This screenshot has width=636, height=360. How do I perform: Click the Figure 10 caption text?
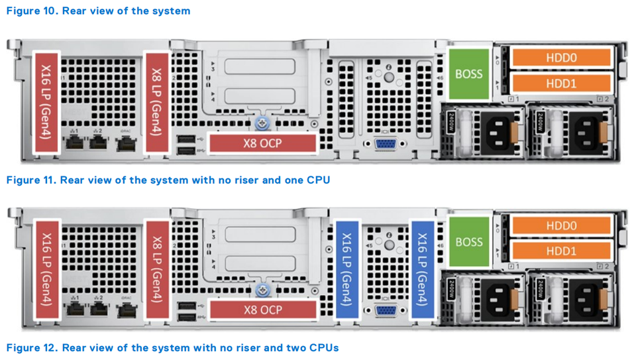[x=98, y=11]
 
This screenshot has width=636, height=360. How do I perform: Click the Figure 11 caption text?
[x=168, y=180]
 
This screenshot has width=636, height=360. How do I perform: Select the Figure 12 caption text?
[x=172, y=347]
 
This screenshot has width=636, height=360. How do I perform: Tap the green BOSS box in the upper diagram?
[x=469, y=74]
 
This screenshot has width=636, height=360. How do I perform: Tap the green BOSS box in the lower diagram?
[x=469, y=241]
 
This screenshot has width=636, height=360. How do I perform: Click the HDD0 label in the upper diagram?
[x=561, y=58]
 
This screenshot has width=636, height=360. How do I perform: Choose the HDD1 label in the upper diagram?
[x=561, y=84]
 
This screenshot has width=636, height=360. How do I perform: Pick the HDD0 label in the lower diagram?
[x=561, y=226]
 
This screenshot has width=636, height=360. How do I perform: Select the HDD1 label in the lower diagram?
[x=561, y=251]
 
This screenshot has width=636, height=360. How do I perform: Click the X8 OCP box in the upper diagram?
[x=262, y=143]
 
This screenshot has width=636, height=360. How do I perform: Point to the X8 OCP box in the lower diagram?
[x=262, y=310]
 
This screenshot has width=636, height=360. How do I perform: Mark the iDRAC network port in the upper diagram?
[x=125, y=142]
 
